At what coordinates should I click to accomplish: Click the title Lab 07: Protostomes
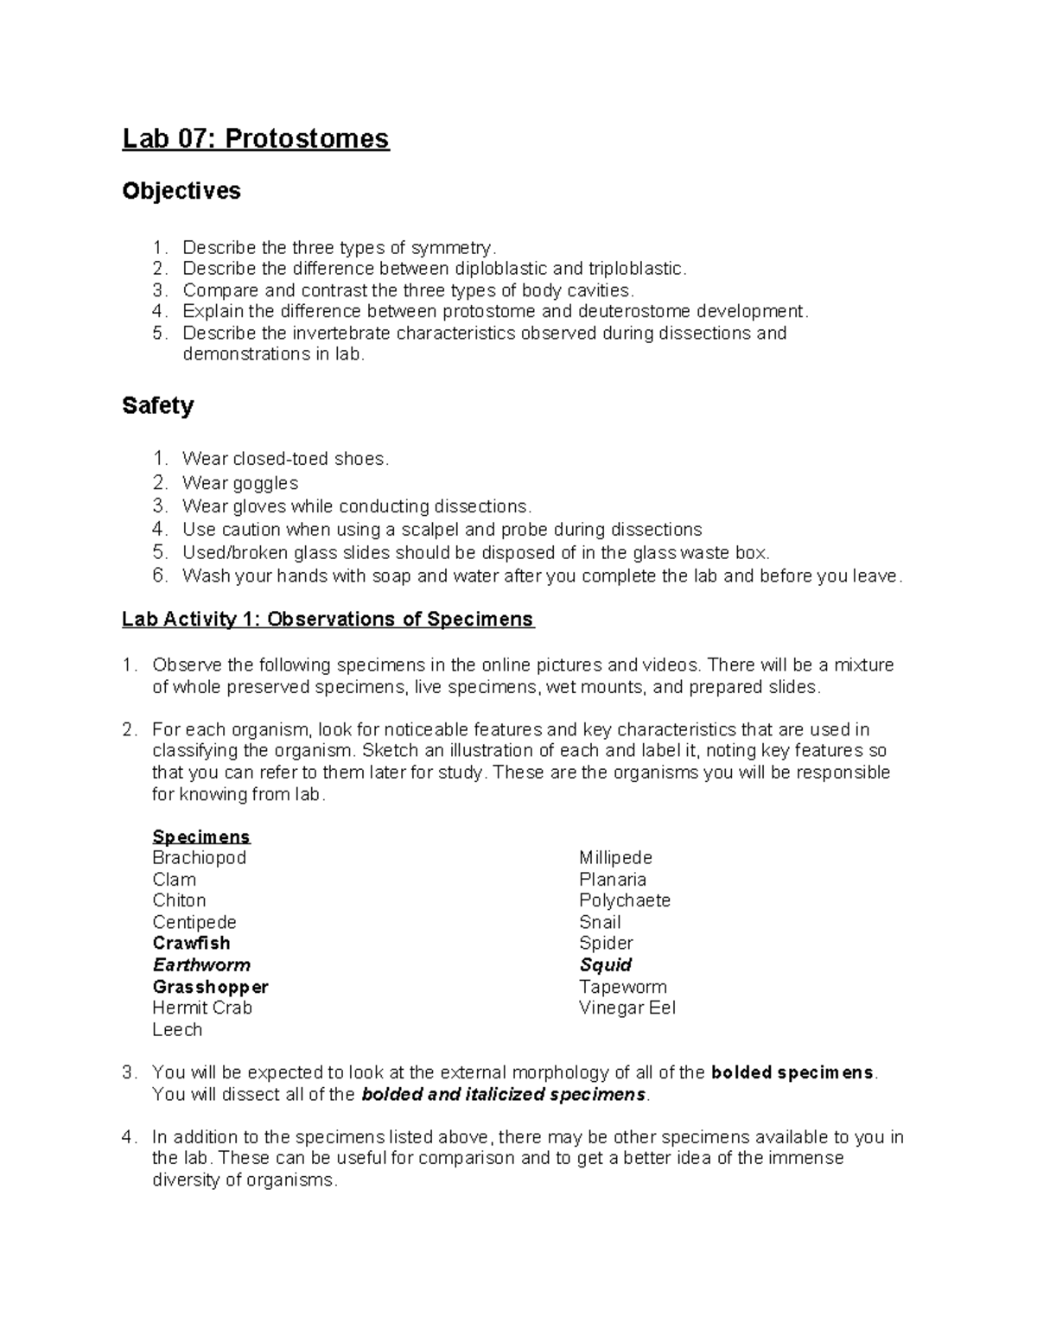click(256, 138)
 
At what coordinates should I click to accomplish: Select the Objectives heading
click(181, 191)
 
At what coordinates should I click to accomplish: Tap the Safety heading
click(158, 405)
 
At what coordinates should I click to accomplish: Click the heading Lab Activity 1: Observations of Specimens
click(328, 620)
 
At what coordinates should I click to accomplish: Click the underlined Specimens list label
click(201, 836)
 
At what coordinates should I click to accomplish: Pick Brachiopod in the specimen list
click(200, 858)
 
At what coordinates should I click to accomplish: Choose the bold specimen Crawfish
click(192, 944)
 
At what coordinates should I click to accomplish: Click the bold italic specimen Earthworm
click(201, 965)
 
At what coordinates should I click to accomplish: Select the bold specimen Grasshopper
click(211, 987)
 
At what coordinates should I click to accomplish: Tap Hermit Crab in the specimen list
click(202, 1008)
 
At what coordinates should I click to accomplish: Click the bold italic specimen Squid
click(606, 965)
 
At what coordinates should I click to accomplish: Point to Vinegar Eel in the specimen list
click(627, 1008)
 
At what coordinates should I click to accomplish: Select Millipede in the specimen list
click(616, 858)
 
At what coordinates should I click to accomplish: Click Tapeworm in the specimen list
click(623, 987)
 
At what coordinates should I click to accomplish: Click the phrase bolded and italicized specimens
click(504, 1095)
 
